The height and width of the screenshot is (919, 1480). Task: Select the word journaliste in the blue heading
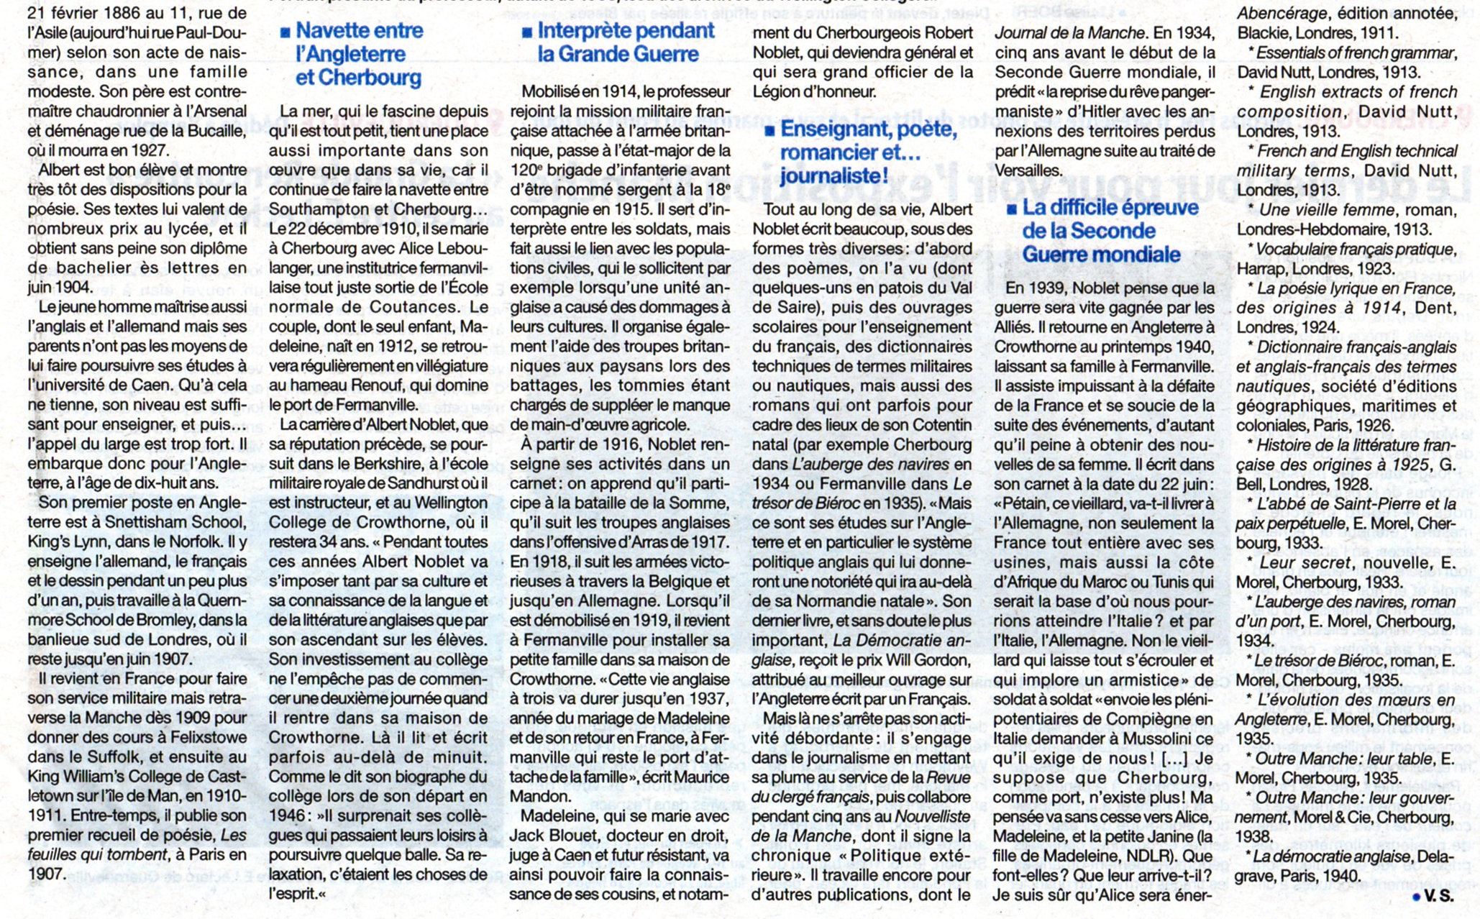point(828,176)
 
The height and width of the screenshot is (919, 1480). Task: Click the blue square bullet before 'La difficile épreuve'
point(1012,209)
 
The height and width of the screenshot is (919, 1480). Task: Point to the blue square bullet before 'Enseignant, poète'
point(769,130)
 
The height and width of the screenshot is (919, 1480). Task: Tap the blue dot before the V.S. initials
point(1416,897)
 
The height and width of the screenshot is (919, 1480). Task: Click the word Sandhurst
point(429,483)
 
